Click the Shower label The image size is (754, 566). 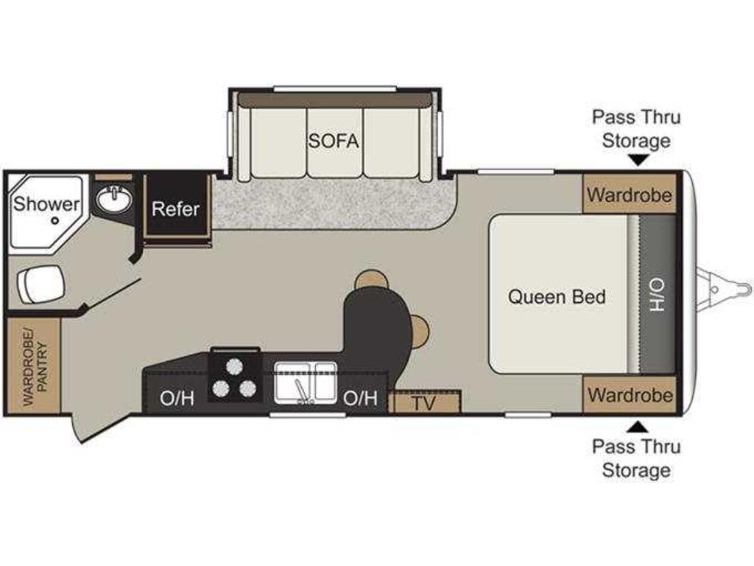46,203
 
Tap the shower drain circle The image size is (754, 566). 54,221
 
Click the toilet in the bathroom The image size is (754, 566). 40,284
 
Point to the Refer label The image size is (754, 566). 175,209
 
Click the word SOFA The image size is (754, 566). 334,141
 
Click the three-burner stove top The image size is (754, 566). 235,376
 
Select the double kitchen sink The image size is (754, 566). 306,382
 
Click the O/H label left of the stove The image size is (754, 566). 177,398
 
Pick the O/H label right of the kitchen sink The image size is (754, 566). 359,398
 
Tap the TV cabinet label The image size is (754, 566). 423,403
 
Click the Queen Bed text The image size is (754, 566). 557,296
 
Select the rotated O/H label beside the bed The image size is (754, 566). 657,295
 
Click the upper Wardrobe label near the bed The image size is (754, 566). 630,195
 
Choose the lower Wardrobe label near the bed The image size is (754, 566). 630,395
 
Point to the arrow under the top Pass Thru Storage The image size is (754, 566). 637,160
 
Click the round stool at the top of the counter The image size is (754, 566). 371,279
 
